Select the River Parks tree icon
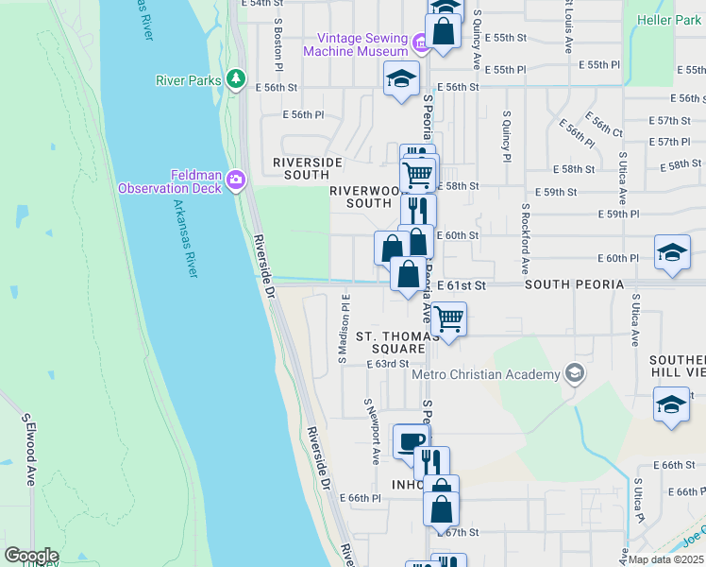236,79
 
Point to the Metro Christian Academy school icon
574,374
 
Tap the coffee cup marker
410,440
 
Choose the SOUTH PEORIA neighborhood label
574,284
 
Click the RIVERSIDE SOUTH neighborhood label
308,168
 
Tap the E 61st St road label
461,284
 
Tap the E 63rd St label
388,363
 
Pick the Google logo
31,556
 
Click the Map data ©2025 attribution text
666,558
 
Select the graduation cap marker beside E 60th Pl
672,254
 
